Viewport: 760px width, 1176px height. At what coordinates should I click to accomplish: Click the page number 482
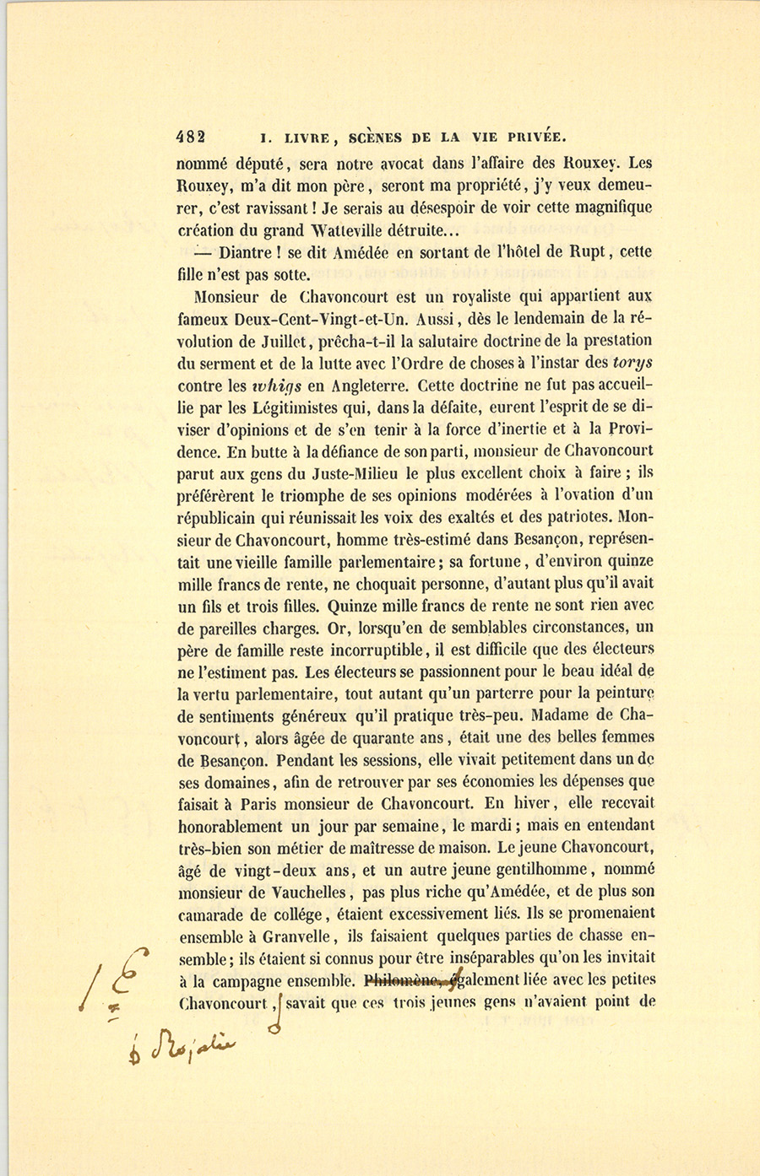(191, 137)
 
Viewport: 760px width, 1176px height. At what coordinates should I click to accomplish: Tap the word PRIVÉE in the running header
(531, 137)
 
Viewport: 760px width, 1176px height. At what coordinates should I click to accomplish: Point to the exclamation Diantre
(245, 252)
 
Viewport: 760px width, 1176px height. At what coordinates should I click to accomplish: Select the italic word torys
(632, 362)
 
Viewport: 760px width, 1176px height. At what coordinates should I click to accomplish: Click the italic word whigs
(276, 385)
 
